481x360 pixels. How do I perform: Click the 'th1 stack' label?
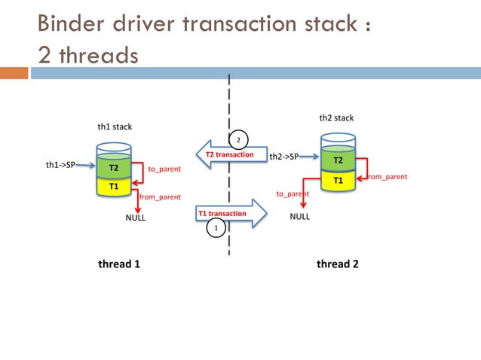point(115,127)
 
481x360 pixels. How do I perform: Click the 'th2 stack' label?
point(336,117)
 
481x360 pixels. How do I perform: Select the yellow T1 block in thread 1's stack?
point(114,185)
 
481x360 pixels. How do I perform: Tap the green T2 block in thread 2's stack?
point(338,161)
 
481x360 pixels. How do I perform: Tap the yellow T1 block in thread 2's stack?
point(338,180)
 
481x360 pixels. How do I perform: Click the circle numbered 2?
point(237,140)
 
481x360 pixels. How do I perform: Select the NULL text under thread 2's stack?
point(300,216)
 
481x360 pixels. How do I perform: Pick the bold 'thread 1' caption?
point(119,264)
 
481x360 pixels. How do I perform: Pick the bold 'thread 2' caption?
point(337,264)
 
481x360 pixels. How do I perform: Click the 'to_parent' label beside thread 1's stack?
point(164,169)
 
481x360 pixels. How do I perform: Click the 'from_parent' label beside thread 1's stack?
point(160,197)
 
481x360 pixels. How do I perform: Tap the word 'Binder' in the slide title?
point(75,24)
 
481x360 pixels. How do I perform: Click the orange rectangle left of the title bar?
point(14,74)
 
